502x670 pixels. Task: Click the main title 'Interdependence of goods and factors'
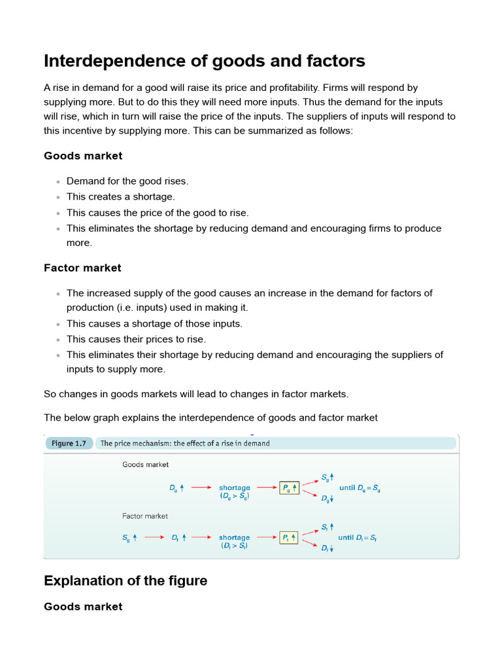tap(204, 62)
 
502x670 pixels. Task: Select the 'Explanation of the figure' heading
tap(125, 580)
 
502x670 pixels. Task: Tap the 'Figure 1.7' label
tap(69, 444)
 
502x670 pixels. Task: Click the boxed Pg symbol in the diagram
tap(289, 487)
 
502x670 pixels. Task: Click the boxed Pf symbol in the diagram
tap(289, 537)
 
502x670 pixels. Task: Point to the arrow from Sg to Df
tap(154, 537)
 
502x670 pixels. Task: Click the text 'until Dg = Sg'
tap(360, 487)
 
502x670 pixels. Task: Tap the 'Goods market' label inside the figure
tap(145, 465)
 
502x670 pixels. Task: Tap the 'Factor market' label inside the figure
tap(145, 516)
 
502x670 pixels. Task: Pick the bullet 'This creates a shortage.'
tap(120, 196)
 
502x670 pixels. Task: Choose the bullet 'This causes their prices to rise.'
tap(136, 339)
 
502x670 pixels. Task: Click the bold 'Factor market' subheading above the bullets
tap(82, 268)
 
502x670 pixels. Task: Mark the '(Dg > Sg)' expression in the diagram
tap(234, 496)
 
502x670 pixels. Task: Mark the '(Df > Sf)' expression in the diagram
tap(234, 546)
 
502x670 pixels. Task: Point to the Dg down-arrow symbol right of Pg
tap(327, 499)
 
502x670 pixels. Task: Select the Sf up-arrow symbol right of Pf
tap(327, 527)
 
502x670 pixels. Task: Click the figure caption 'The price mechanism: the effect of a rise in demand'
tap(185, 444)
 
